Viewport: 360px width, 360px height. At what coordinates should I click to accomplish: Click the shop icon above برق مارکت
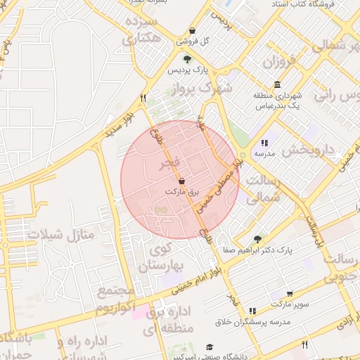point(182,181)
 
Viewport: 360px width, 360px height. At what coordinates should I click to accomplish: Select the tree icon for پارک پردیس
point(186,59)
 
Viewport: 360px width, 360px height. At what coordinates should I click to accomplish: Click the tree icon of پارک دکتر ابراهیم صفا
point(257,239)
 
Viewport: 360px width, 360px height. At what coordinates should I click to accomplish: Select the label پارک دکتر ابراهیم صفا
point(257,250)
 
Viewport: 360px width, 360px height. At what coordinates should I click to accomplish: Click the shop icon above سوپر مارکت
point(290,295)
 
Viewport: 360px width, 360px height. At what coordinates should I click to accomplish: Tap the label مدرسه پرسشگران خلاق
point(252,322)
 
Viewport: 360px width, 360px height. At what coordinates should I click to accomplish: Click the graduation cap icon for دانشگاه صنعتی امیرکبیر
point(209,347)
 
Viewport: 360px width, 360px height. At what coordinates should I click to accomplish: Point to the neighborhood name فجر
point(167,164)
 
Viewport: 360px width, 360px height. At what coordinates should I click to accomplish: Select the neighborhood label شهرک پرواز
point(205,88)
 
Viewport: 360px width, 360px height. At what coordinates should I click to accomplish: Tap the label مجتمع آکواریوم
point(115,300)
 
